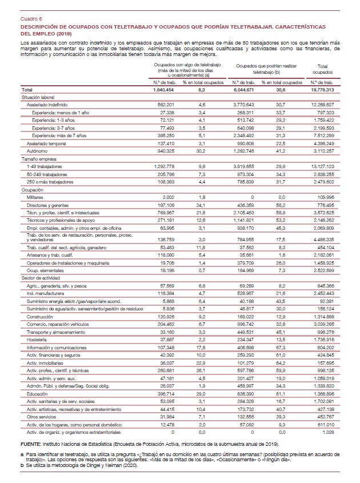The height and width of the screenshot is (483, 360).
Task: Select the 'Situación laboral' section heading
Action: [x=38, y=98]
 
